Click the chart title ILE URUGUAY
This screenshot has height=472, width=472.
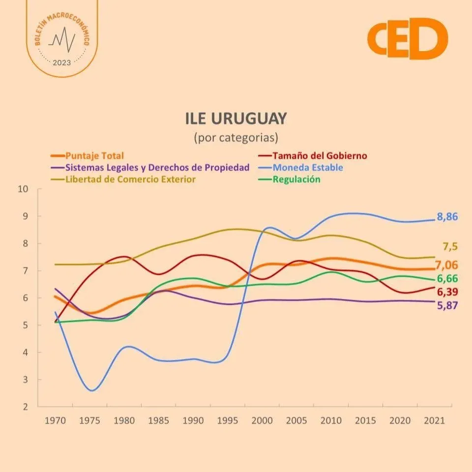[236, 119]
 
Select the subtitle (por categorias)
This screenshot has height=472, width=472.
[236, 136]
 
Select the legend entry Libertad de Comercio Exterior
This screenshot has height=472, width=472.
[130, 179]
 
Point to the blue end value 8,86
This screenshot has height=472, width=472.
[447, 217]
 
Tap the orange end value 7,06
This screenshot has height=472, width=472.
[447, 266]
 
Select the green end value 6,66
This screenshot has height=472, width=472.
[447, 279]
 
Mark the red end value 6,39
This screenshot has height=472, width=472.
[447, 292]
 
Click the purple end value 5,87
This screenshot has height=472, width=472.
[447, 305]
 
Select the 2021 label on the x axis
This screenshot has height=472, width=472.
[434, 421]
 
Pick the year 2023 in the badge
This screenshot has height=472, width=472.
[61, 62]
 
